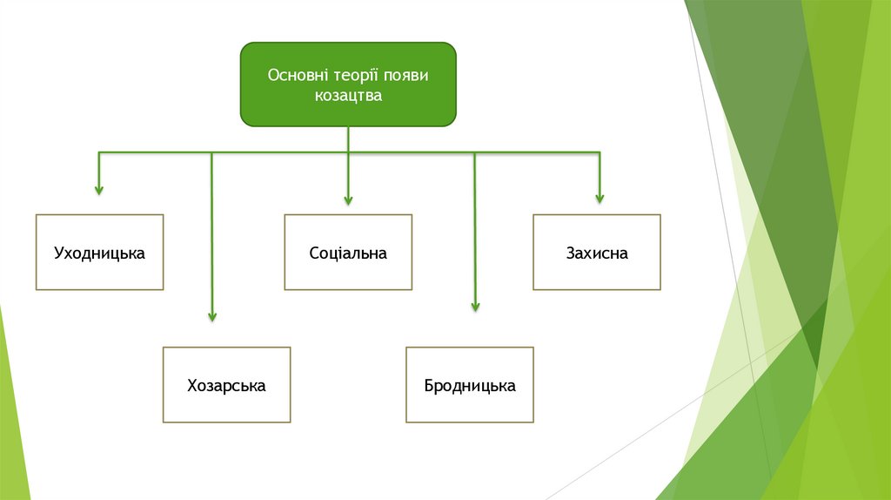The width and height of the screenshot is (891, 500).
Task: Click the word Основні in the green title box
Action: click(295, 76)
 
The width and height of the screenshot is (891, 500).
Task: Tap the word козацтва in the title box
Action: click(348, 95)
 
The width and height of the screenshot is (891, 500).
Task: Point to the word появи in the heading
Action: click(407, 76)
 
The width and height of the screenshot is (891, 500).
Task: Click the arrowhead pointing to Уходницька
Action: click(99, 188)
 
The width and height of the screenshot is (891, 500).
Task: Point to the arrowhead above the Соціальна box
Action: click(348, 199)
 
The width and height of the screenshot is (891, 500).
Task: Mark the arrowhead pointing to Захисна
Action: click(599, 198)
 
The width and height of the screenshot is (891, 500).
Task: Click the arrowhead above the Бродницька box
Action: click(475, 306)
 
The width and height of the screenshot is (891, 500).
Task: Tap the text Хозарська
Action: click(226, 385)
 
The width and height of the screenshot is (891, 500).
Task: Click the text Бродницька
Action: click(470, 385)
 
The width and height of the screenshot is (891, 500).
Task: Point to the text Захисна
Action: click(597, 253)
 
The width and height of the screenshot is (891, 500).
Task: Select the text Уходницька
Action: click(99, 253)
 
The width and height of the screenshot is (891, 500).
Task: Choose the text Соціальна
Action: click(348, 253)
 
